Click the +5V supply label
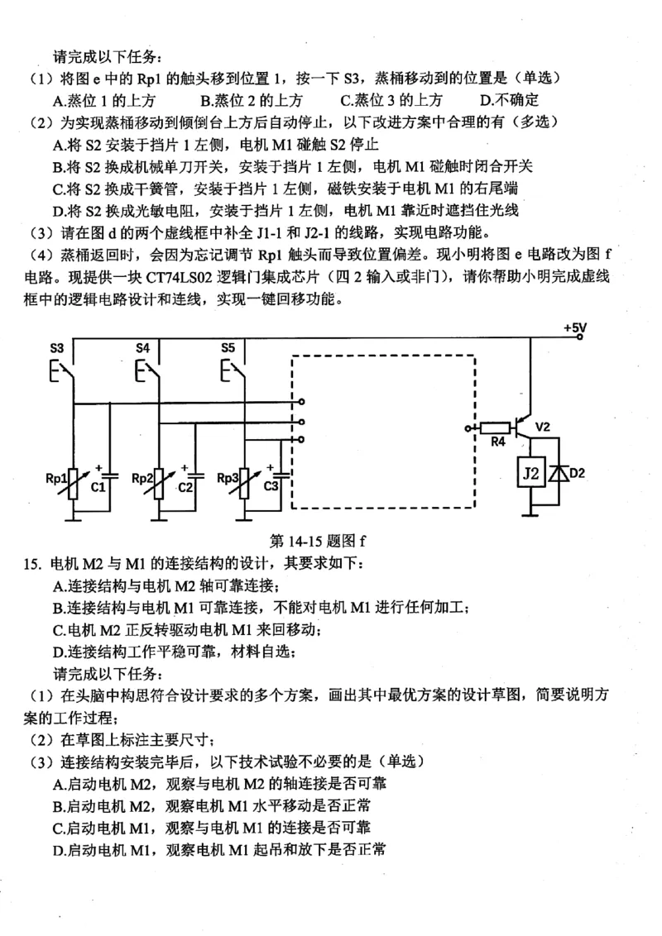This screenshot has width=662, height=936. click(x=574, y=328)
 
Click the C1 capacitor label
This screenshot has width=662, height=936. click(x=98, y=487)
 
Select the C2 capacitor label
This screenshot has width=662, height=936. click(x=184, y=487)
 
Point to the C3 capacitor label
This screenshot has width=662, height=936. click(x=271, y=487)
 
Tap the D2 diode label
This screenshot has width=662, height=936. click(x=578, y=474)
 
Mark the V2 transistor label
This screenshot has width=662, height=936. click(x=543, y=427)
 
